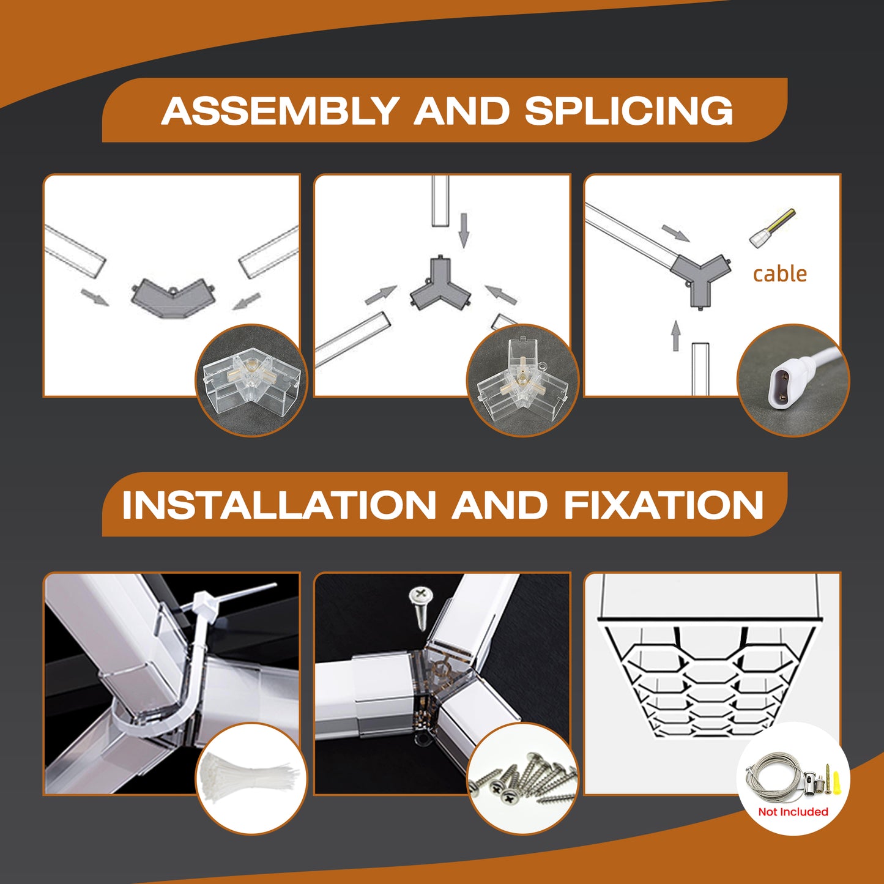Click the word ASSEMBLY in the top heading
click(280, 111)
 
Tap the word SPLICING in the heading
click(628, 111)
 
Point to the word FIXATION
click(664, 505)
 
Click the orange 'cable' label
click(780, 274)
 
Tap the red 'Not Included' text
click(793, 812)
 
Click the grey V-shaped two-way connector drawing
click(173, 298)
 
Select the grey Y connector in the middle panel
click(440, 284)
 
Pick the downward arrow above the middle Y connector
click(464, 230)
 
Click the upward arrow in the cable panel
click(675, 336)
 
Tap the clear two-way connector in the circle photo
click(252, 381)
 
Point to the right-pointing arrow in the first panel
click(94, 297)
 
